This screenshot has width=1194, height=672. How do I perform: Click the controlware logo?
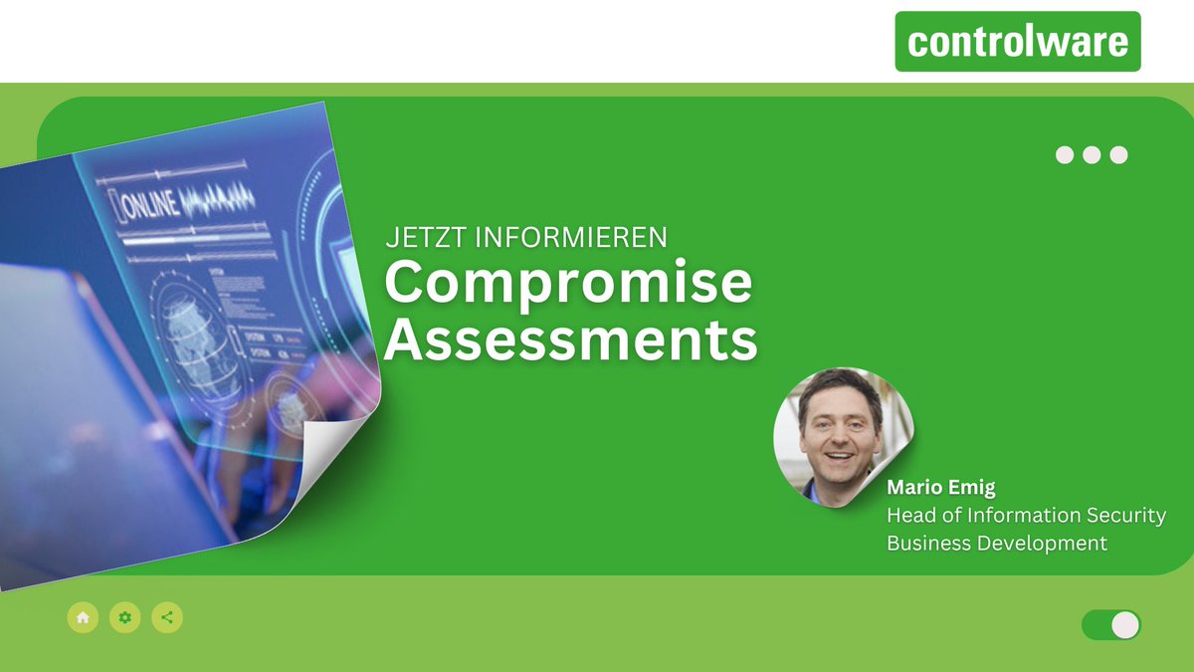click(1017, 42)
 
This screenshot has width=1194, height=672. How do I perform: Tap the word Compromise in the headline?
click(568, 284)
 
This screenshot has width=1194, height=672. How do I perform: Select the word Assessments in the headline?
click(570, 340)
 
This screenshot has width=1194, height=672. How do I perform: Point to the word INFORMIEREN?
click(571, 238)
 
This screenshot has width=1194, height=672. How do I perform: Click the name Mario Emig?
click(940, 488)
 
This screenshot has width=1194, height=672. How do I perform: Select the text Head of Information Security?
click(1026, 516)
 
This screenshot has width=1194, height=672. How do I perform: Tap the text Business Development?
click(997, 544)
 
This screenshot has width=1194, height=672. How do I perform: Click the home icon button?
click(83, 618)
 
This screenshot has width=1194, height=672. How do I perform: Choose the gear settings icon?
click(124, 618)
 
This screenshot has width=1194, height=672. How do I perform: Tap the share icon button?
click(167, 618)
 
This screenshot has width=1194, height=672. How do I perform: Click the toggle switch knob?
click(1124, 625)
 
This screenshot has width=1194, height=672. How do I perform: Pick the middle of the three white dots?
click(1092, 155)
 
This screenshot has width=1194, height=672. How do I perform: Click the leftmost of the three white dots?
click(1065, 155)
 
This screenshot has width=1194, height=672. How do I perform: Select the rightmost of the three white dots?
click(1118, 155)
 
